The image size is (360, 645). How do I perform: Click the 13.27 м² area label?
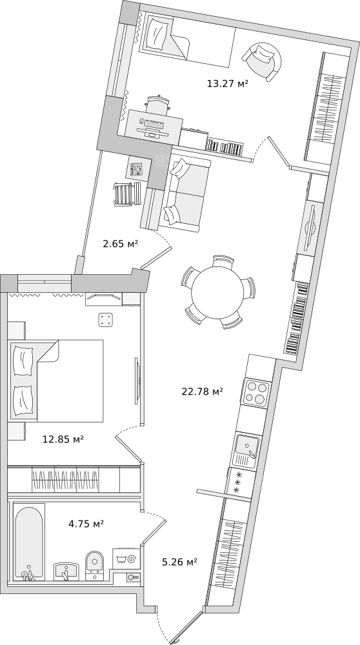228,84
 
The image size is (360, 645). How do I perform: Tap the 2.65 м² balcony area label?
120,244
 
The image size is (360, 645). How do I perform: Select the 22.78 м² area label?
203,392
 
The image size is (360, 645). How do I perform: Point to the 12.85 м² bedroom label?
63,439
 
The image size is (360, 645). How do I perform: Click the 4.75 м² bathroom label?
86,524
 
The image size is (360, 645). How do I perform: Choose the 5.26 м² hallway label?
179,562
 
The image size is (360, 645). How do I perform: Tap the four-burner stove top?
257,392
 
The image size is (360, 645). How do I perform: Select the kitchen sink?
247,446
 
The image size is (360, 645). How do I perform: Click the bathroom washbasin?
66,571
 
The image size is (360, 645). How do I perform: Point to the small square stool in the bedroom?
106,320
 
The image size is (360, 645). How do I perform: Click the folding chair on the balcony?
126,193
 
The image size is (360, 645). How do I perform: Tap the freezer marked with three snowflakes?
238,482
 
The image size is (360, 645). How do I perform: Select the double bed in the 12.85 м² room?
56,381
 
